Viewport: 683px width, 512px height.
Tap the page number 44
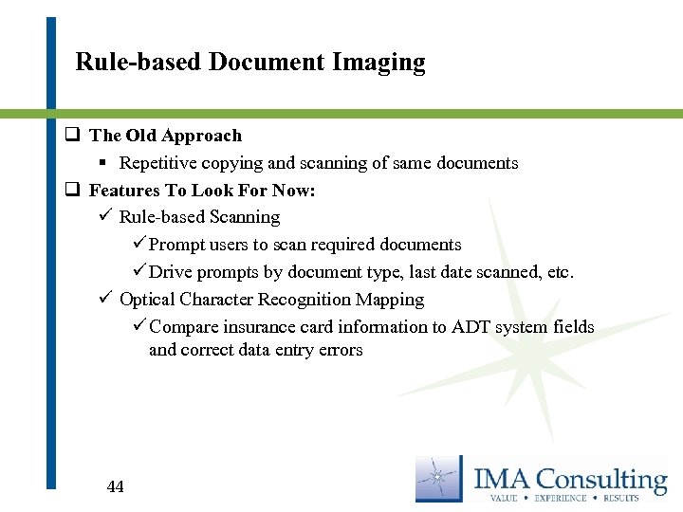115,486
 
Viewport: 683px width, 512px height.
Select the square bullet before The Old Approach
71,136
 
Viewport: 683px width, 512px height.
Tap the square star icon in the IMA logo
440,479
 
